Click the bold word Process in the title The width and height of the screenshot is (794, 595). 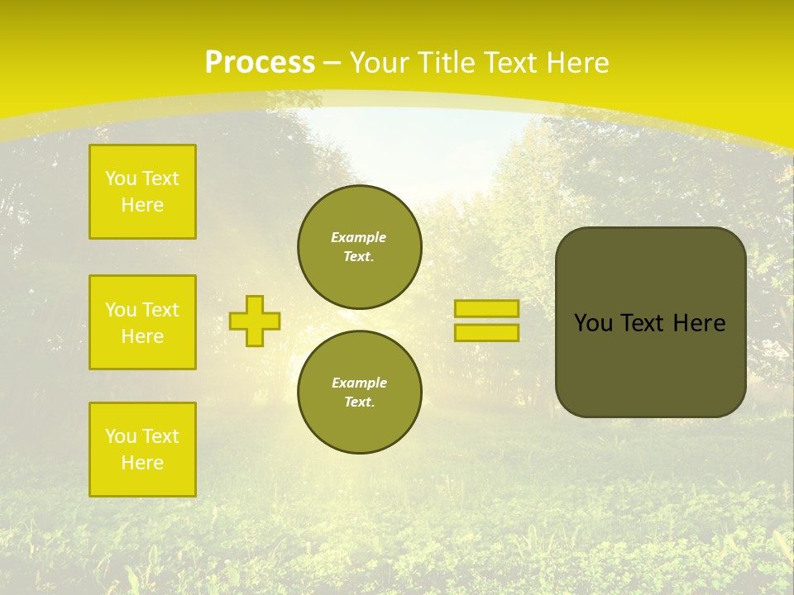click(x=260, y=63)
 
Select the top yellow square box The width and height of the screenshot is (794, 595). click(x=142, y=192)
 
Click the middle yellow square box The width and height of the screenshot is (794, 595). click(x=142, y=322)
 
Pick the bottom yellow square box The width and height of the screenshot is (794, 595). click(x=142, y=450)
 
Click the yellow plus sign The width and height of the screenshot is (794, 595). click(x=254, y=321)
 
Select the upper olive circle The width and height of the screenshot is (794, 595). click(x=360, y=247)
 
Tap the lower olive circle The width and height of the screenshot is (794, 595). click(x=360, y=393)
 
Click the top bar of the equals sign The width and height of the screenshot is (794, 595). click(x=486, y=308)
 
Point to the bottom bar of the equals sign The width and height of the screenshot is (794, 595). click(x=486, y=333)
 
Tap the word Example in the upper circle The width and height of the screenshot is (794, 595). click(x=359, y=237)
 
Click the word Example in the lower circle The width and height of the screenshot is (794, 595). click(x=359, y=383)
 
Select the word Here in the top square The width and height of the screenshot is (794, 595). click(x=142, y=205)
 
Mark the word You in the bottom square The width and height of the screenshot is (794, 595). click(x=120, y=436)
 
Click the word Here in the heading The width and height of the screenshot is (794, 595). click(x=576, y=63)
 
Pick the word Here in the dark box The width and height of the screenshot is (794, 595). click(x=699, y=323)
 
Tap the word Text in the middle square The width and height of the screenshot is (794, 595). click(x=160, y=310)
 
